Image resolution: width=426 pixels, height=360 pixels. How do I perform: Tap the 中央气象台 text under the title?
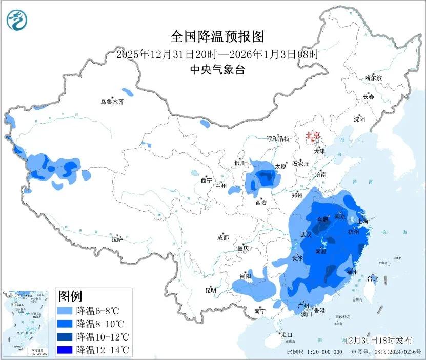(x=217, y=70)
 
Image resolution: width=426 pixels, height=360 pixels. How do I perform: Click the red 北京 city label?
(x=313, y=136)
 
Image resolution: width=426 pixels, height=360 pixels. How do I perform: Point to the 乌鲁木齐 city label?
(x=112, y=102)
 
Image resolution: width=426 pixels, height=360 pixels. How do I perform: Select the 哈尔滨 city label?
(x=373, y=78)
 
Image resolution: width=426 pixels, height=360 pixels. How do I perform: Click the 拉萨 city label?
(x=117, y=238)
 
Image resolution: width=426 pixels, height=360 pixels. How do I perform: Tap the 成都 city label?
(x=223, y=237)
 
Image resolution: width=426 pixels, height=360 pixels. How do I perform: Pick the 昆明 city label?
(x=211, y=290)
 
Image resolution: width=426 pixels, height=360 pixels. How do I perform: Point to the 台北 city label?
(x=373, y=279)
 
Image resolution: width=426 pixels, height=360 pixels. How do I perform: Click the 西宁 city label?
(x=206, y=180)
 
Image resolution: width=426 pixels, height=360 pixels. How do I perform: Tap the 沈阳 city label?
(x=359, y=119)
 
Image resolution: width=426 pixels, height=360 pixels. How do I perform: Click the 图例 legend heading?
(x=70, y=296)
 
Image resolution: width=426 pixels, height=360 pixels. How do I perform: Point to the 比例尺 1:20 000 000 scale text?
(x=314, y=352)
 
